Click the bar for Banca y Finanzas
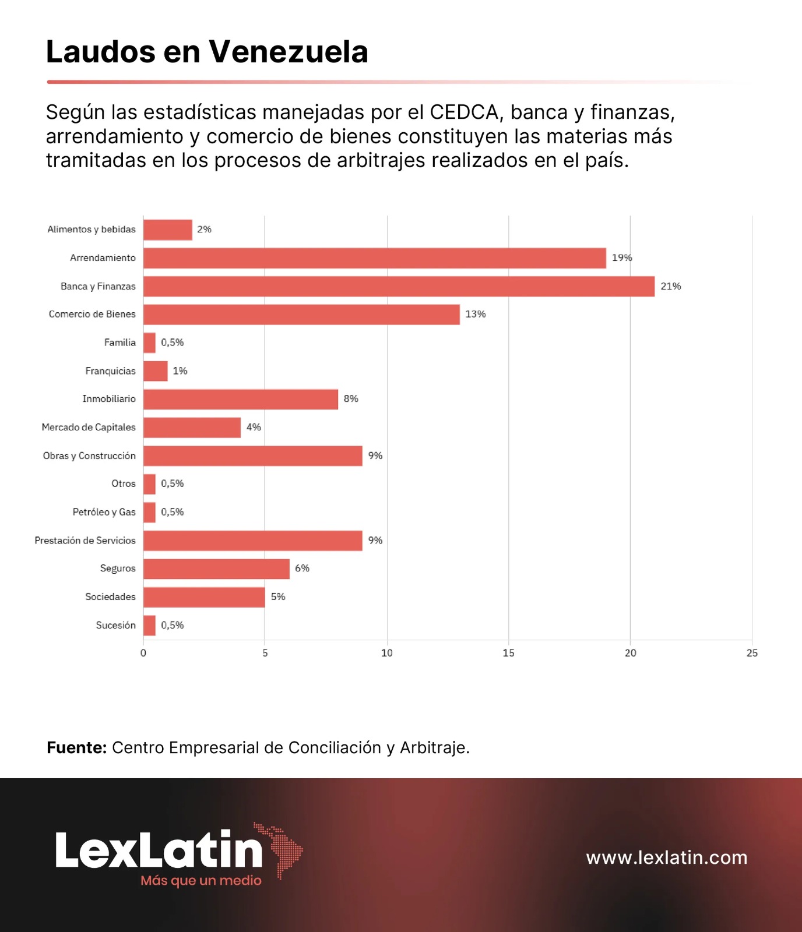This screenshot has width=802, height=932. (399, 287)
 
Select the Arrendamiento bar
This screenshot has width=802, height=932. (374, 258)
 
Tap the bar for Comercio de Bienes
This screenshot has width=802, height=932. (301, 315)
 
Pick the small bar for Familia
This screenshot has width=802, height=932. (150, 343)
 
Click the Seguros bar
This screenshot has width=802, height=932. (216, 569)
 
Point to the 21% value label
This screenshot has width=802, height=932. (670, 287)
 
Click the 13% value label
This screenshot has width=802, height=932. (475, 315)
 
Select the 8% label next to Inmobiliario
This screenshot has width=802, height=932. (351, 399)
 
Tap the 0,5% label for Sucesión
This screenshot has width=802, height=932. (173, 626)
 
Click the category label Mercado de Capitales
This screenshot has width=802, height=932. (89, 428)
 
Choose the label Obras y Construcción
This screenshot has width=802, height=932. (89, 456)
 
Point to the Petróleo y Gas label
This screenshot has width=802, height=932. (104, 513)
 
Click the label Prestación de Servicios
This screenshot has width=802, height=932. (85, 541)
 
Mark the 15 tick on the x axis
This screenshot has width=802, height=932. (508, 654)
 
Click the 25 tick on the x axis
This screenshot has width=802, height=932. (752, 654)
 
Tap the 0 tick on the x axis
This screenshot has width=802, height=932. (143, 654)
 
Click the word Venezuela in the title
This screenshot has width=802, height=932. (289, 52)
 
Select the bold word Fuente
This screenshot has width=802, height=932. (76, 748)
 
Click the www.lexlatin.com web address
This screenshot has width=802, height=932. (667, 858)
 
